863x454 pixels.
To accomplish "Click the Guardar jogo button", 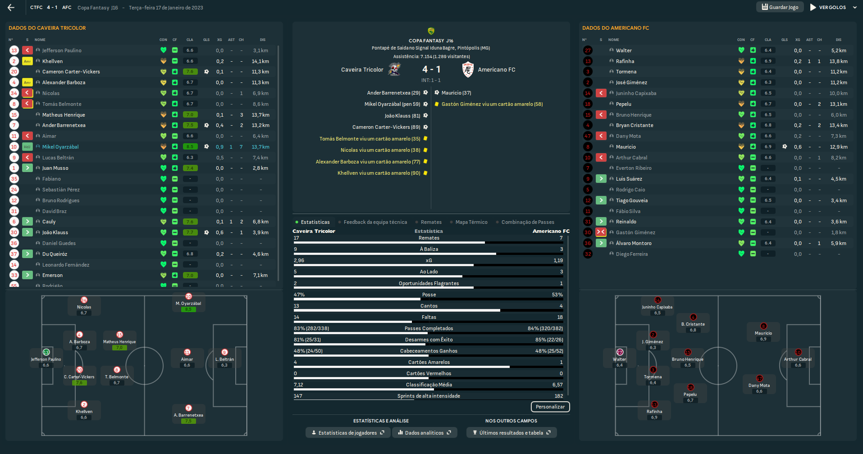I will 780,7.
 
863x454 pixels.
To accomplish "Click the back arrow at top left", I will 11,8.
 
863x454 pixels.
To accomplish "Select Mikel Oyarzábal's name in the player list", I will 60,147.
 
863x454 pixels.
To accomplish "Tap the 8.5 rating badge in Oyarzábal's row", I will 190,147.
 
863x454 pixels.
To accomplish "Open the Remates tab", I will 431,222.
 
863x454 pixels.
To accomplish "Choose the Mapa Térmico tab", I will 471,222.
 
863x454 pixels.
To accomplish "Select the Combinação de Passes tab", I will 527,222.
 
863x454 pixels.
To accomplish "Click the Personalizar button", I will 550,407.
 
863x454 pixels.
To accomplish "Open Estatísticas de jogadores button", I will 347,433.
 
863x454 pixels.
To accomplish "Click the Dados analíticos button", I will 425,433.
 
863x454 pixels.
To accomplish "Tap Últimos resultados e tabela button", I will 511,433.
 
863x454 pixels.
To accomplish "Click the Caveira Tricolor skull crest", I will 395,69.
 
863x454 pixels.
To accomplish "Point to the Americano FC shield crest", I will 468,69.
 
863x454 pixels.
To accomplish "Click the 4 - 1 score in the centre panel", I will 431,69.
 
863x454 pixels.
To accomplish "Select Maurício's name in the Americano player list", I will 626,147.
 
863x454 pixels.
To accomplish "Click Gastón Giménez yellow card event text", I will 492,104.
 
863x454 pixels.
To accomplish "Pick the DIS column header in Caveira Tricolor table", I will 262,40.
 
